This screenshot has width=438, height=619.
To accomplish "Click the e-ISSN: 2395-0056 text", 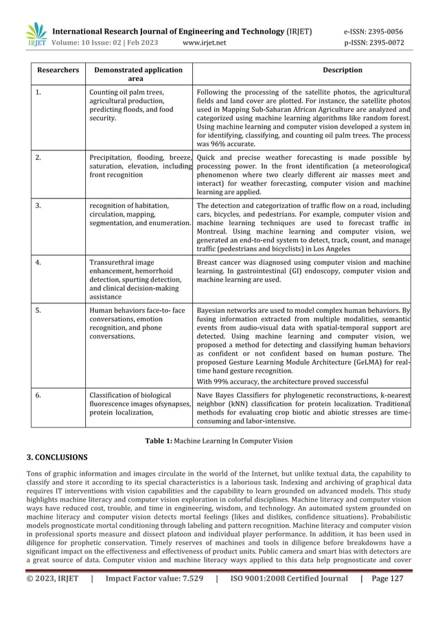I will click(x=373, y=32).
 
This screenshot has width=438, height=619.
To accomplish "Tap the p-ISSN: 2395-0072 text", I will click(x=373, y=43).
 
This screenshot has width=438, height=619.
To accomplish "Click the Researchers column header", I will click(x=57, y=70).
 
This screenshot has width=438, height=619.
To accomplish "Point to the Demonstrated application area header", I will click(x=138, y=74).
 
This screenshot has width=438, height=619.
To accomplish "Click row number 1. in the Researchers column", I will click(x=38, y=92).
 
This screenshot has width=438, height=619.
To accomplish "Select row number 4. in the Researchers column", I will click(x=38, y=261).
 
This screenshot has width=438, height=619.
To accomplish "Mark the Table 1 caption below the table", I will click(x=218, y=439).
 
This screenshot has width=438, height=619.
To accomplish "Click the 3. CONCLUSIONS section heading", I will click(x=56, y=456).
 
